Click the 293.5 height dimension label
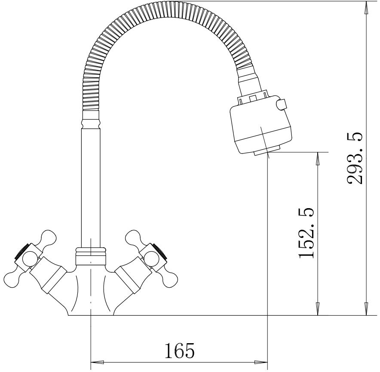(x=355, y=158)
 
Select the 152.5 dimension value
(x=306, y=233)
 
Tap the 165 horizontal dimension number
(x=180, y=350)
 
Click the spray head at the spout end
(x=261, y=126)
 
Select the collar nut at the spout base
(x=91, y=256)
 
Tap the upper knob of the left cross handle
(x=49, y=238)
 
